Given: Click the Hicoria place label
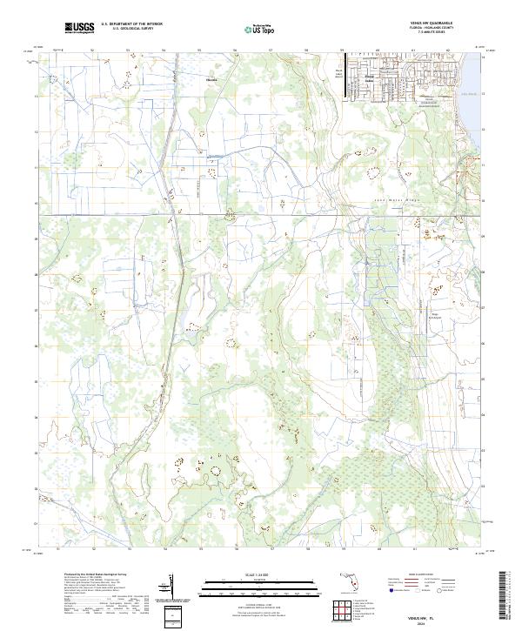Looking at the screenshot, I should (x=211, y=78).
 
